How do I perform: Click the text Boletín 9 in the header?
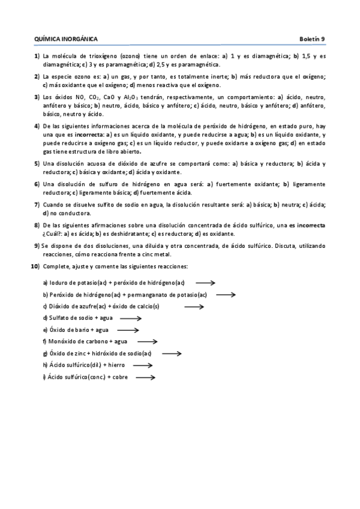click(312, 39)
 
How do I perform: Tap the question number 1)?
click(37, 56)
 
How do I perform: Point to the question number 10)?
click(35, 266)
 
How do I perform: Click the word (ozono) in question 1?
click(131, 56)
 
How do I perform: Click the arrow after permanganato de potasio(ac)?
click(226, 295)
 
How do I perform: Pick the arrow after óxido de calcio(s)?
click(194, 307)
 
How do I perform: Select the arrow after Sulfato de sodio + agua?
click(130, 318)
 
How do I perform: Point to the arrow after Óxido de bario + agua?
click(128, 330)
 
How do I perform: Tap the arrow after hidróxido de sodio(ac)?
click(172, 354)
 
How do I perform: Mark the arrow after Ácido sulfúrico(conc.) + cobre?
click(146, 378)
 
